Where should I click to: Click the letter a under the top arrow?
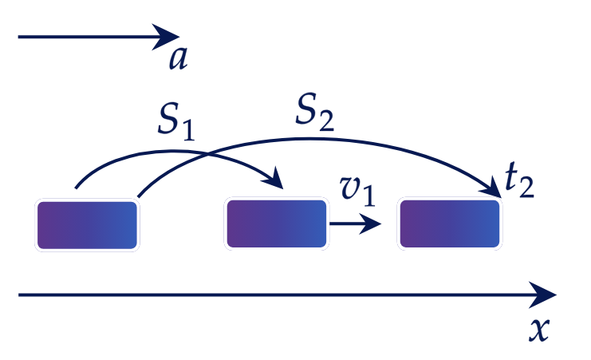coord(178,58)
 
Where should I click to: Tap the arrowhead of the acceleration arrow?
coord(166,37)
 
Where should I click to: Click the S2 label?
coord(314,113)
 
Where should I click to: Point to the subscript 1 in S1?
coord(188,129)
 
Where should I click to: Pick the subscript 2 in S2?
coord(326,120)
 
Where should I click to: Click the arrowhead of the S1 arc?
coord(274,179)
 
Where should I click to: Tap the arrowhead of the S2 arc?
coord(491,188)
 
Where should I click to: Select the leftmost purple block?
coord(87,225)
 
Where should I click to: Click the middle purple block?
coord(277,224)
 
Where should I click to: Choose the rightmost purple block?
coord(450,224)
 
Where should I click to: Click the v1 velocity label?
coord(357,191)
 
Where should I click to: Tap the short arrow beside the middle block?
coord(356,224)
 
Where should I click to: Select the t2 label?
coord(519,182)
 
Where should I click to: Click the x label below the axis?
coord(539,330)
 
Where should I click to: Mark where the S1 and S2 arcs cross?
coord(207,154)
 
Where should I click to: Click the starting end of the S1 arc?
coord(76,188)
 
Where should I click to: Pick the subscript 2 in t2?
coord(527,187)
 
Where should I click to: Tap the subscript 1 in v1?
coord(369,195)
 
